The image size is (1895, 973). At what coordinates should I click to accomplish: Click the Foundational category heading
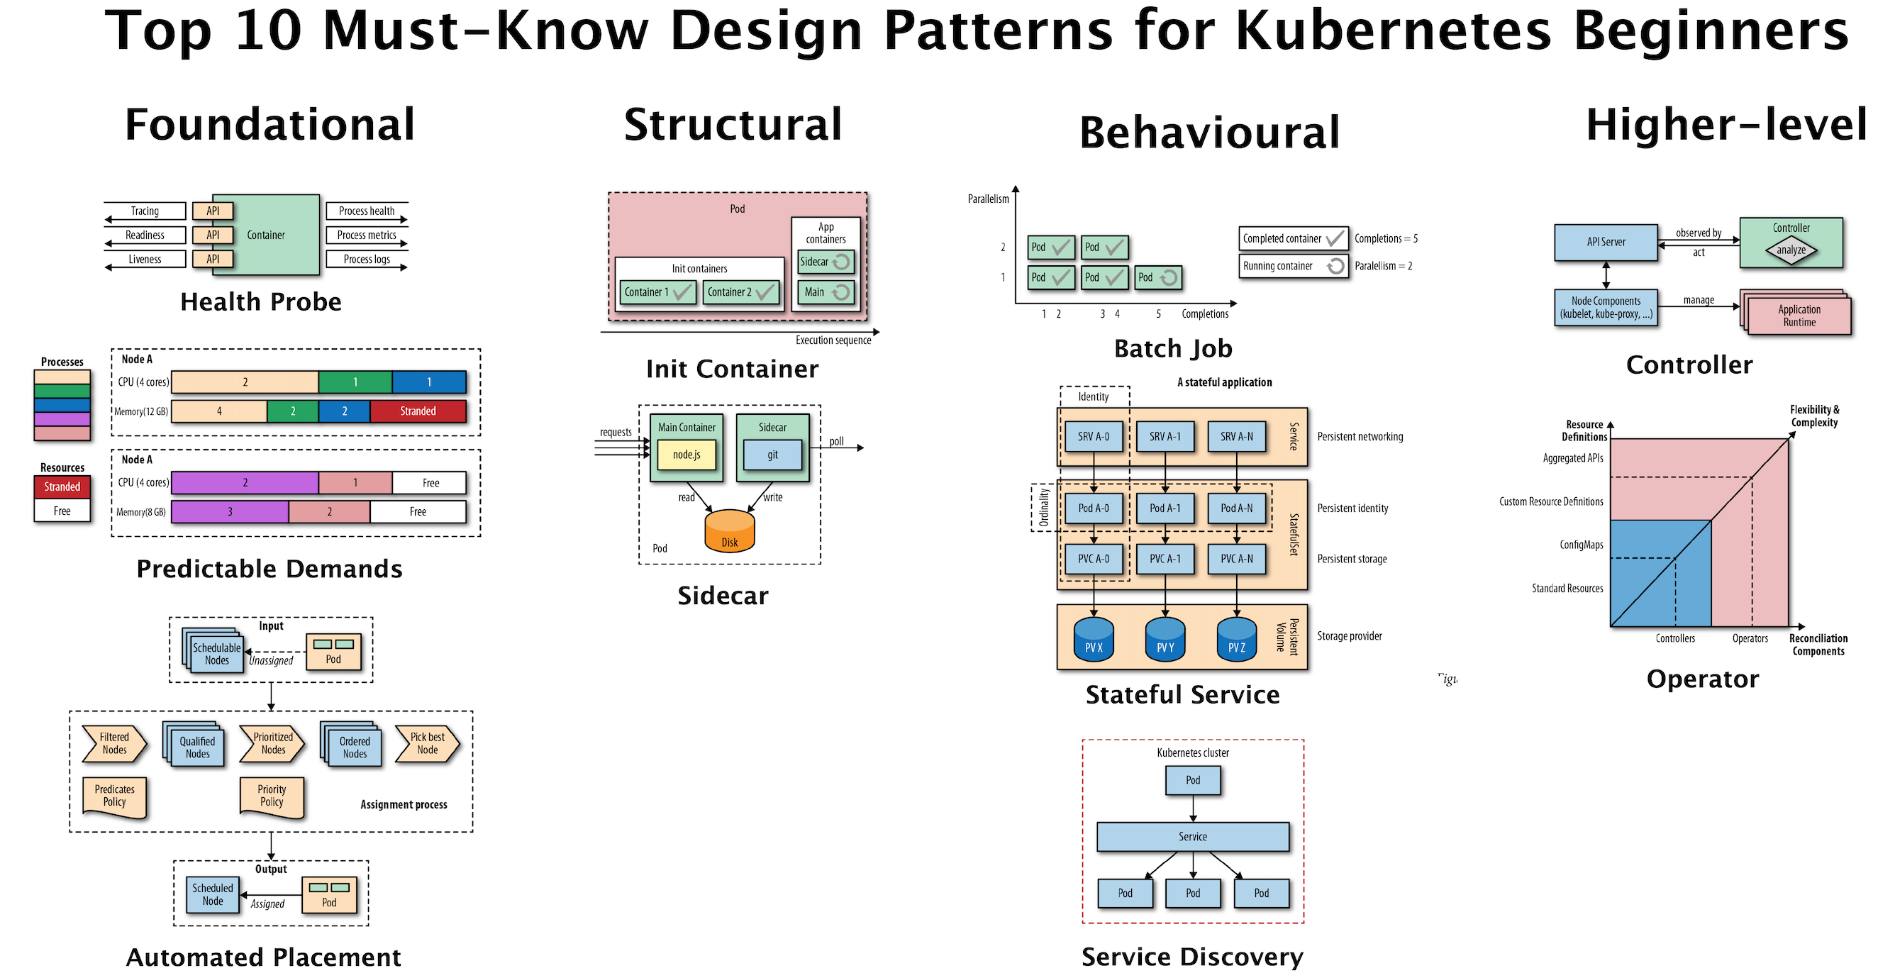pyautogui.click(x=269, y=124)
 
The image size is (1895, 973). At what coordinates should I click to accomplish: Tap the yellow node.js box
pyautogui.click(x=686, y=455)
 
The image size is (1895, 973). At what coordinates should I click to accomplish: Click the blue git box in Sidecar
pyautogui.click(x=772, y=455)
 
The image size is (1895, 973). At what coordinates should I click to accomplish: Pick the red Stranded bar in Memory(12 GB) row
pyautogui.click(x=417, y=411)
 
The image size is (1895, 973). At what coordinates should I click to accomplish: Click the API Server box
pyautogui.click(x=1605, y=242)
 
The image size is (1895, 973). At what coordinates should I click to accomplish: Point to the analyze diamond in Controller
pyautogui.click(x=1791, y=250)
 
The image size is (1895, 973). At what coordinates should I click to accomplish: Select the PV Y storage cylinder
pyautogui.click(x=1165, y=639)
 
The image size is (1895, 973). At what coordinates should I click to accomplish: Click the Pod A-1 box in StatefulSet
pyautogui.click(x=1165, y=508)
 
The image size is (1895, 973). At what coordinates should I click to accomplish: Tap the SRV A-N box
pyautogui.click(x=1236, y=436)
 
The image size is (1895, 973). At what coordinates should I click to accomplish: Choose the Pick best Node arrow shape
pyautogui.click(x=427, y=743)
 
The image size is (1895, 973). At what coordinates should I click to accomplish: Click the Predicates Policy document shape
pyautogui.click(x=114, y=796)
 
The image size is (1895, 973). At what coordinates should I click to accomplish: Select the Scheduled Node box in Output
pyautogui.click(x=213, y=894)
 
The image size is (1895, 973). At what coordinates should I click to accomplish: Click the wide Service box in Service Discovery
pyautogui.click(x=1191, y=837)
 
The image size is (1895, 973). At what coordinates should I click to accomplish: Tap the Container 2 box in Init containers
pyautogui.click(x=740, y=292)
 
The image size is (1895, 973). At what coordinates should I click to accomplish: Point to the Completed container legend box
pyautogui.click(x=1292, y=238)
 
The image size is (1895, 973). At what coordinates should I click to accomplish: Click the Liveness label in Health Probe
pyautogui.click(x=144, y=259)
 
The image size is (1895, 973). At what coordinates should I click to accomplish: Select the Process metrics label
pyautogui.click(x=367, y=235)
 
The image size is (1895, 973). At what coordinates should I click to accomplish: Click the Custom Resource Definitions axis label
pyautogui.click(x=1551, y=501)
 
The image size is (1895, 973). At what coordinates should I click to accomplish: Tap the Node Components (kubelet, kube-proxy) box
pyautogui.click(x=1605, y=307)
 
